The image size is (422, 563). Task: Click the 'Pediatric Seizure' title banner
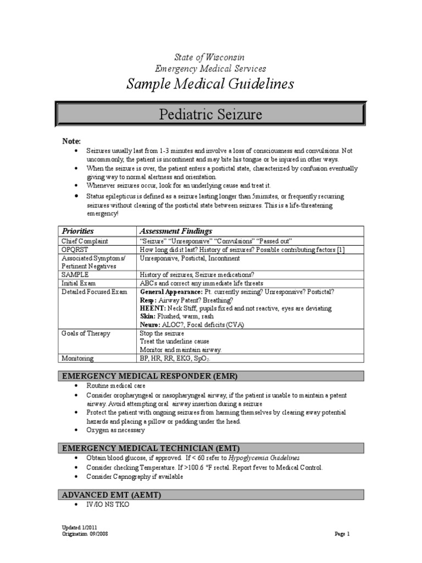tap(210, 115)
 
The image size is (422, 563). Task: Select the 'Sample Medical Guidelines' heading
tap(210, 84)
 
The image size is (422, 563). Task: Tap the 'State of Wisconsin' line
tap(209, 57)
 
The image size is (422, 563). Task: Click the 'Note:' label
tap(71, 141)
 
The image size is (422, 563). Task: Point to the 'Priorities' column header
tap(77, 231)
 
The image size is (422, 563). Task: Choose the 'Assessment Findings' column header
tap(176, 231)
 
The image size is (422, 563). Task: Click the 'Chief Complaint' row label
tap(85, 241)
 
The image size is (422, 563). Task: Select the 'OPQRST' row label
tap(75, 250)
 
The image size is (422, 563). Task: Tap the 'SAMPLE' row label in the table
tap(75, 274)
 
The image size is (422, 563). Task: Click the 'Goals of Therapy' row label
tap(86, 333)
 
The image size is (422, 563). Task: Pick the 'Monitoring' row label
tap(77, 358)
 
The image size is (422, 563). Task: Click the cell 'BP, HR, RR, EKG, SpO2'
tap(175, 358)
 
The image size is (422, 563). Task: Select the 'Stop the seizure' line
tap(162, 333)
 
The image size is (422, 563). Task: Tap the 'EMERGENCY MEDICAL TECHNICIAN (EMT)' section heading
tap(151, 448)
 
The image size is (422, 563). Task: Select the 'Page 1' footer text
tap(342, 533)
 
